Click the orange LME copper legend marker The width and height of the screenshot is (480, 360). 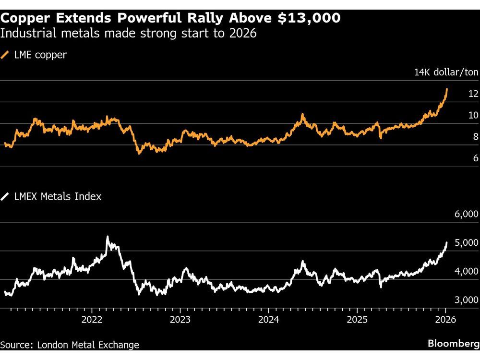(x=5, y=55)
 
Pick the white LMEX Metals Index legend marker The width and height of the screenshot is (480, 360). (x=5, y=196)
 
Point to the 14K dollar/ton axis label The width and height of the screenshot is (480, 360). (x=446, y=72)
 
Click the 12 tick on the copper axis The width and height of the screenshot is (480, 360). (x=473, y=94)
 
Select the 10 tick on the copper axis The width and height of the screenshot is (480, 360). (x=473, y=115)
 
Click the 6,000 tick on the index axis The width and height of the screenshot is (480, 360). (x=466, y=215)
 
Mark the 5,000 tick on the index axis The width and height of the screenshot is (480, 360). (x=466, y=243)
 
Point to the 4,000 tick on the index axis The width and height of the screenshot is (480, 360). (x=466, y=272)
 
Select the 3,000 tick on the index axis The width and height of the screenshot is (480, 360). (x=466, y=300)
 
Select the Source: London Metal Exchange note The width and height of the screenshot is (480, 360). (x=70, y=345)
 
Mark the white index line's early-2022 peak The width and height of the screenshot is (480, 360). (x=107, y=237)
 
